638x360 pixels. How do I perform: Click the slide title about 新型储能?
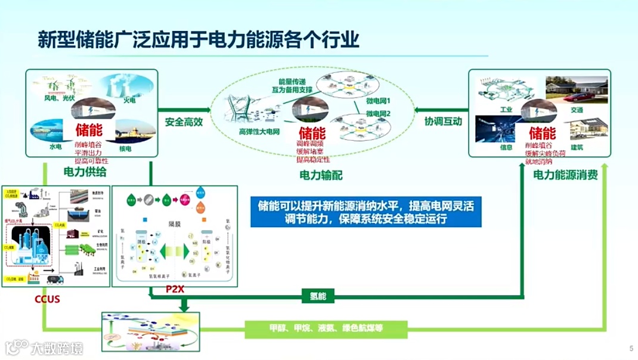pos(199,39)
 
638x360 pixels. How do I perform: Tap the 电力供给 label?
pos(85,172)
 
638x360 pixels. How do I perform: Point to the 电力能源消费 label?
pos(565,175)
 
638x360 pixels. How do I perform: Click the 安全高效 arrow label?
pos(184,121)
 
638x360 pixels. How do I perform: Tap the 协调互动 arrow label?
pos(443,121)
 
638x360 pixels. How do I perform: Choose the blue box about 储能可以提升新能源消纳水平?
pos(366,212)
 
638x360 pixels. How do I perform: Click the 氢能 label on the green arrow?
pos(318,296)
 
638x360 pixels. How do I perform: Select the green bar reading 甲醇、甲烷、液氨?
pos(326,328)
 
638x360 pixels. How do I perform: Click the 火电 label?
pos(130,101)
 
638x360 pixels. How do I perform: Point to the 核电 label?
pos(126,148)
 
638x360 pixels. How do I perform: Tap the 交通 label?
pos(577,110)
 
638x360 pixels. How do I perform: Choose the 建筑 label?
pos(577,147)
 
